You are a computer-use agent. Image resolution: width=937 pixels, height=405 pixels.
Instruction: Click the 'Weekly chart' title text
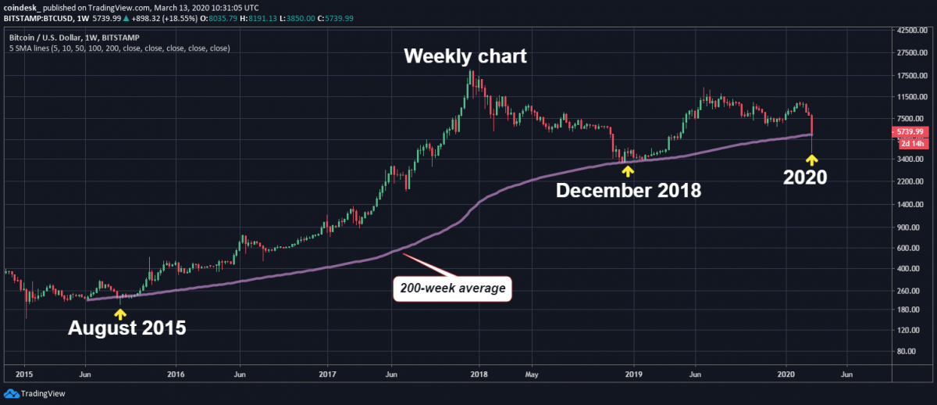click(465, 57)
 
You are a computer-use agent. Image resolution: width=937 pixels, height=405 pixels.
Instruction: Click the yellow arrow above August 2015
click(119, 313)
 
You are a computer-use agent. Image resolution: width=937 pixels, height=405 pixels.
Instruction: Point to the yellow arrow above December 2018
click(627, 170)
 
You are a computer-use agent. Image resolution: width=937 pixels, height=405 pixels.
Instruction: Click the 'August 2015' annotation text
click(127, 328)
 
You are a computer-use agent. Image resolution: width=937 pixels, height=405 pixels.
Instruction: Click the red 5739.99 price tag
click(910, 133)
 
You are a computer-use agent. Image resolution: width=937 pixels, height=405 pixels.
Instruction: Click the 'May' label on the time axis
click(531, 374)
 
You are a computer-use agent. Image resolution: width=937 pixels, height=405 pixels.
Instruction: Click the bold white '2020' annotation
click(805, 178)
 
